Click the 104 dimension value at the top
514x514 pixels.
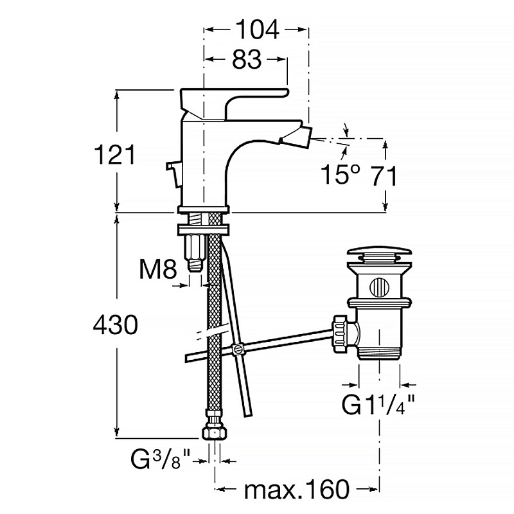pos(258,30)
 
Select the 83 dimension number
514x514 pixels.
pos(247,60)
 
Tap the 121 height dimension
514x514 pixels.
pos(114,154)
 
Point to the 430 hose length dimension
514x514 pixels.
pos(116,324)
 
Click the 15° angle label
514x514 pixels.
pos(341,174)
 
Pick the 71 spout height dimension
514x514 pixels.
pos(382,175)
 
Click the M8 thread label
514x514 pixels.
pos(158,269)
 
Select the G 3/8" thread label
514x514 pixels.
pos(160,459)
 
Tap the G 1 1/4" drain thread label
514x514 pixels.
pos(378,404)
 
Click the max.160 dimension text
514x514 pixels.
pos(297,490)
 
